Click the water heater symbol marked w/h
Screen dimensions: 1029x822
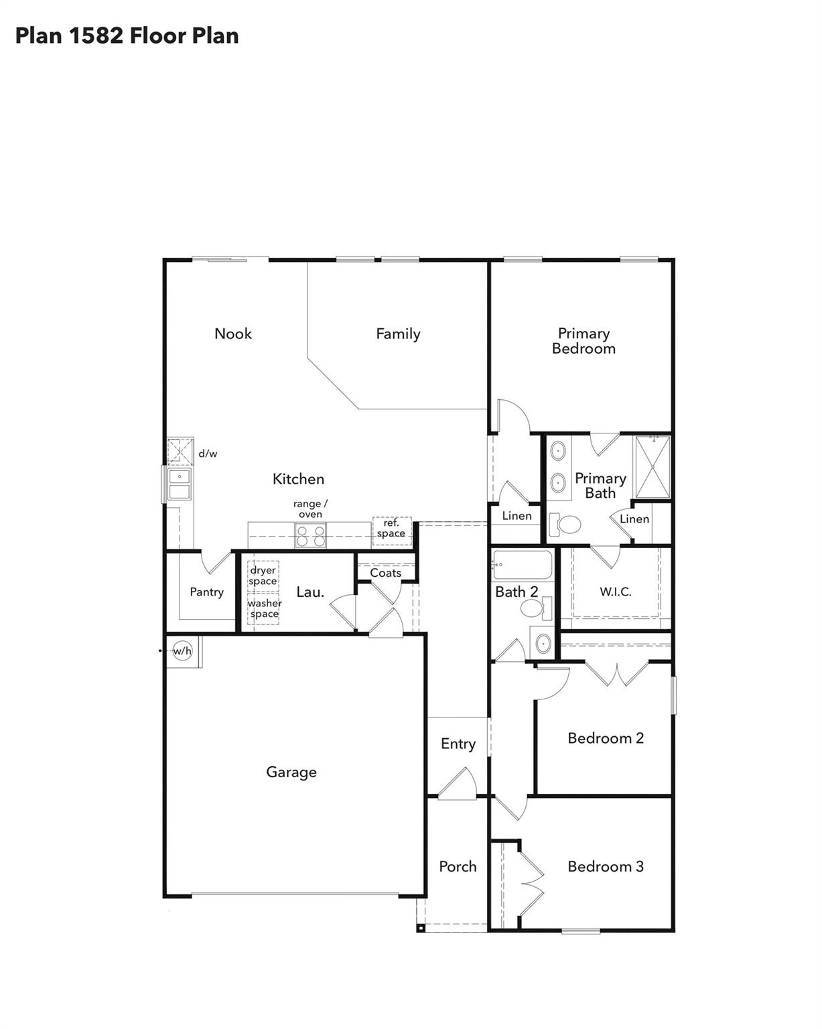(182, 650)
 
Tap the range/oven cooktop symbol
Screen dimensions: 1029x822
(311, 536)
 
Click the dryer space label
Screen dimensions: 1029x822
(263, 575)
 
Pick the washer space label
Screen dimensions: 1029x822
(264, 608)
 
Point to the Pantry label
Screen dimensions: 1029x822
(206, 592)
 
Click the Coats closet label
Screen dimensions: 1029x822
(386, 573)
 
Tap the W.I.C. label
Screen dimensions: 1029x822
(615, 592)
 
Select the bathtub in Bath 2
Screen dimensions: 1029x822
(523, 565)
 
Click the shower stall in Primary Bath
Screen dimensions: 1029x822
(653, 467)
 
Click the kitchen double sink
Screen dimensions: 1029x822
(180, 484)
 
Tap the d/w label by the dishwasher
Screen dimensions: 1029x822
(208, 454)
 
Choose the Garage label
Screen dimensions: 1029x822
(291, 772)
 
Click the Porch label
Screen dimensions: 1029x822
(458, 866)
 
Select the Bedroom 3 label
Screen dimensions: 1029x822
(605, 866)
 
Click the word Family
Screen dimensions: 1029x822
(398, 334)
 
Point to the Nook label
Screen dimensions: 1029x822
(233, 334)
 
